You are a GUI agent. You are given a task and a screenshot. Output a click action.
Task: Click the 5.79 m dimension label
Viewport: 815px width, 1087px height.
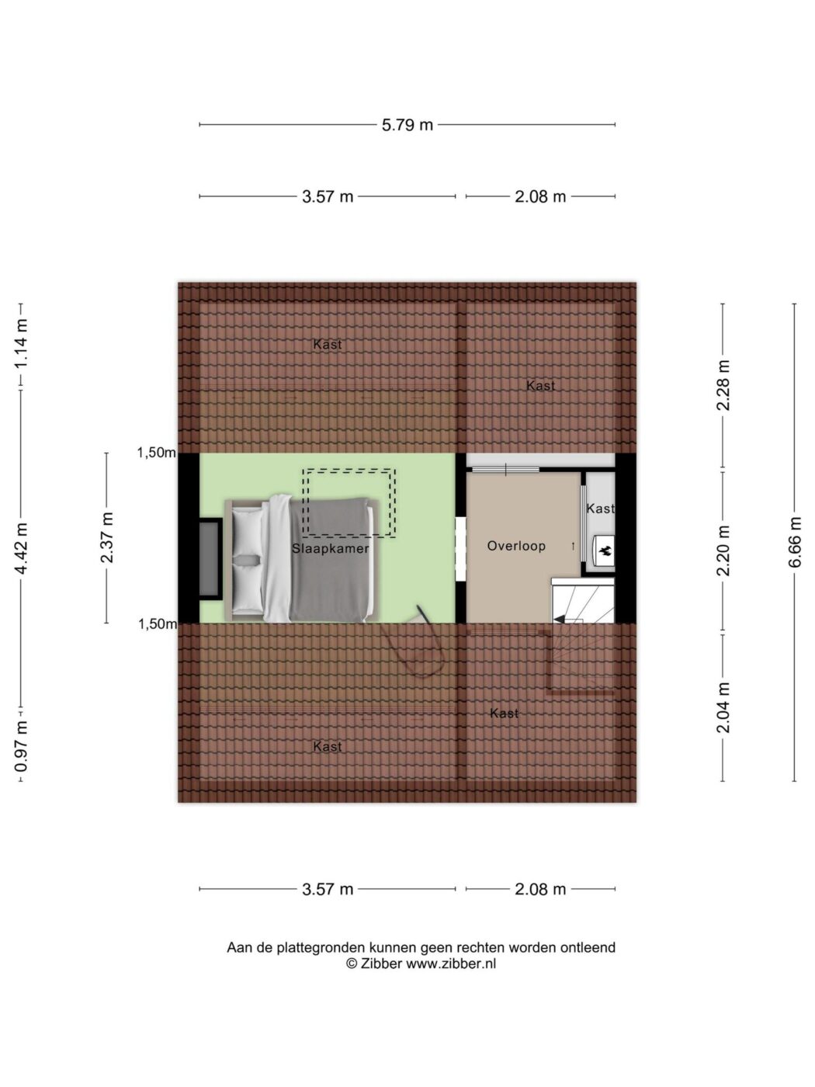coord(407,125)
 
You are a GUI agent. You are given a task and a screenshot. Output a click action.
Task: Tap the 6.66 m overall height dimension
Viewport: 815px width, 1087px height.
coord(794,542)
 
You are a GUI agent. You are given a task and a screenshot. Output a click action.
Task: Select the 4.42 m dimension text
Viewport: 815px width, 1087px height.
coord(21,548)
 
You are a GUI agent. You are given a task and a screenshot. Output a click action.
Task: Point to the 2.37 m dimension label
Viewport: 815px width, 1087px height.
coord(106,537)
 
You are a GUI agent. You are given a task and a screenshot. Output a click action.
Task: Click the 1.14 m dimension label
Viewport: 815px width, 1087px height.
coord(21,344)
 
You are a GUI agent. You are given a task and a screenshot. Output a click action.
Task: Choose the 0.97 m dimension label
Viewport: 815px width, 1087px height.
coord(21,746)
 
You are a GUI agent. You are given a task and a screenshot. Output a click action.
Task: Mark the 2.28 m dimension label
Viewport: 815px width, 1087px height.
coord(723,385)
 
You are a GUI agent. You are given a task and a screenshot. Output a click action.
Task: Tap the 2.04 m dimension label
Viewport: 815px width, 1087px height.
coord(723,707)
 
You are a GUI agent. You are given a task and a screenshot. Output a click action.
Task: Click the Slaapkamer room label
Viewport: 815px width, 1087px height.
coord(330,548)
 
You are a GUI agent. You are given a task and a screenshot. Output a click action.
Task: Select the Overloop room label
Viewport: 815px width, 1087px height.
coord(516,546)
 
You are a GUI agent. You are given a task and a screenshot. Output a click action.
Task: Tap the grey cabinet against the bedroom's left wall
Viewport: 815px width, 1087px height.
coord(210,558)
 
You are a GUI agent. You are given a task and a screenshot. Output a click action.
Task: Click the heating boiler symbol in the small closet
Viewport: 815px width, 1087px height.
coord(604,550)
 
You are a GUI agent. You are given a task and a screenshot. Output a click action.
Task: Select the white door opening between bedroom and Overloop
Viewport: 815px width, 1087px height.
coord(461,549)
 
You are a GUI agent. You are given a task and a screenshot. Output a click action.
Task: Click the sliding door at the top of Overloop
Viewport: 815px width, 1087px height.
coord(505,469)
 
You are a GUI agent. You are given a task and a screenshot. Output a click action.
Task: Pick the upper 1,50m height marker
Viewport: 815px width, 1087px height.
coord(156,452)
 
